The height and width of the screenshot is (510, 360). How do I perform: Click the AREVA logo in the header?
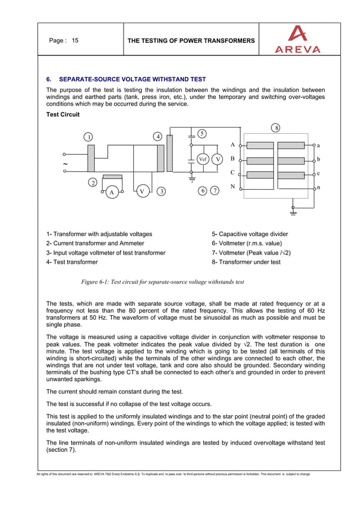pyautogui.click(x=297, y=40)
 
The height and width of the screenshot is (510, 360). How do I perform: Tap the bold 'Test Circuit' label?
pyautogui.click(x=63, y=115)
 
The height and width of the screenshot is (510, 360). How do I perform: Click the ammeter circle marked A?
pyautogui.click(x=112, y=191)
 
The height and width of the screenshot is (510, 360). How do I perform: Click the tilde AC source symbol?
pyautogui.click(x=65, y=164)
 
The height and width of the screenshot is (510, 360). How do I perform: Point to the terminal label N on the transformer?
pyautogui.click(x=232, y=186)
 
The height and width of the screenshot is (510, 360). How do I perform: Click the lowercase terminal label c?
pyautogui.click(x=318, y=173)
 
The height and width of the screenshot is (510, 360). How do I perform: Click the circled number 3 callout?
pyautogui.click(x=161, y=191)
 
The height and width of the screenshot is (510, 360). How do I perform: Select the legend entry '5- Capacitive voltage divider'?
pyautogui.click(x=249, y=234)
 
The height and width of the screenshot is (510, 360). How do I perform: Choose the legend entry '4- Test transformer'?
pyautogui.click(x=72, y=262)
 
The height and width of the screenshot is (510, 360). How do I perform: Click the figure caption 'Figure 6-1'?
pyautogui.click(x=163, y=281)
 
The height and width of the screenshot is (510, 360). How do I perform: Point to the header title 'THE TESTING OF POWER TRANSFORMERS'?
pyautogui.click(x=191, y=41)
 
